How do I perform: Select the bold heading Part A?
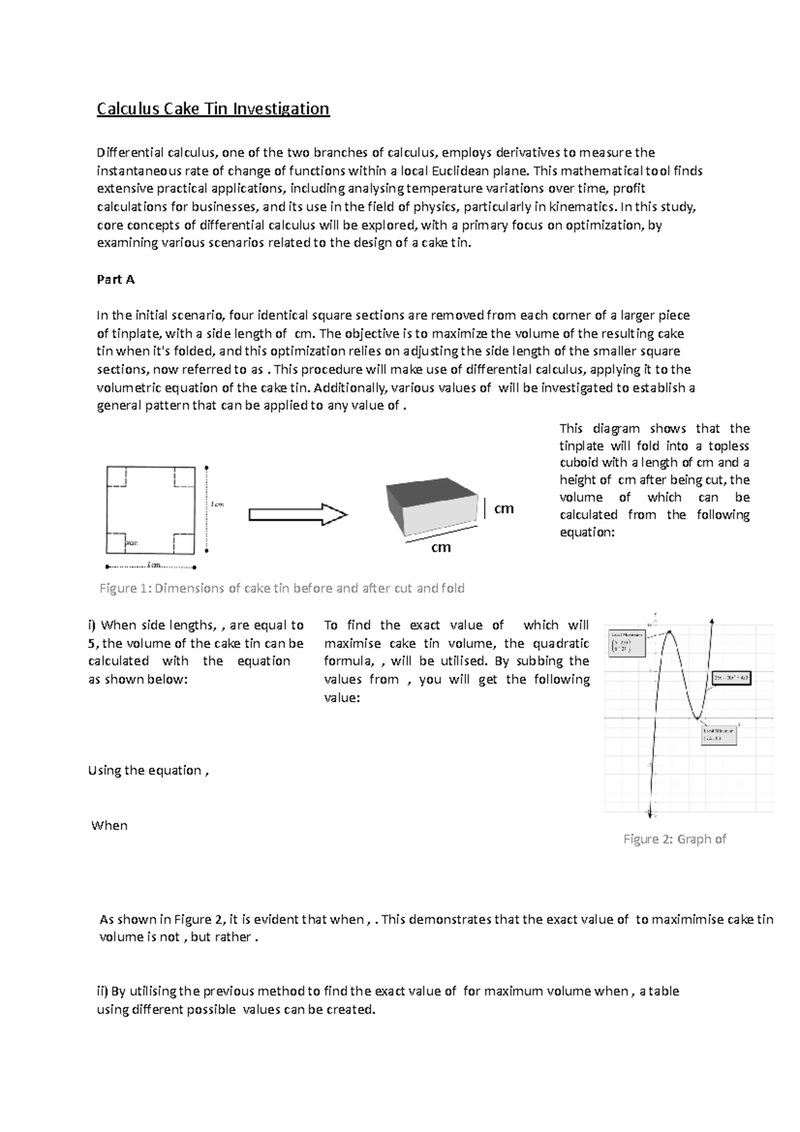[x=115, y=279]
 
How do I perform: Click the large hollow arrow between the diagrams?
[x=297, y=515]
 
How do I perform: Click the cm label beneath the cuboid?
[x=441, y=547]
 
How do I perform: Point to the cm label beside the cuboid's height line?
[x=503, y=509]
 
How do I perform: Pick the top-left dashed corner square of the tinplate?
[x=117, y=477]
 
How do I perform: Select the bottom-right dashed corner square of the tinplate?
[x=184, y=543]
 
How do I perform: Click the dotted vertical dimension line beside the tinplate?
[x=207, y=510]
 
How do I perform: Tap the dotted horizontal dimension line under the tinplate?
[x=151, y=567]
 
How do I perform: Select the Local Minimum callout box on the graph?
[x=719, y=734]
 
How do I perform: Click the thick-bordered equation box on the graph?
[x=731, y=677]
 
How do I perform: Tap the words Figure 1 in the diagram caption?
[x=125, y=588]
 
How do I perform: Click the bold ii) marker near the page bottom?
[x=103, y=991]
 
